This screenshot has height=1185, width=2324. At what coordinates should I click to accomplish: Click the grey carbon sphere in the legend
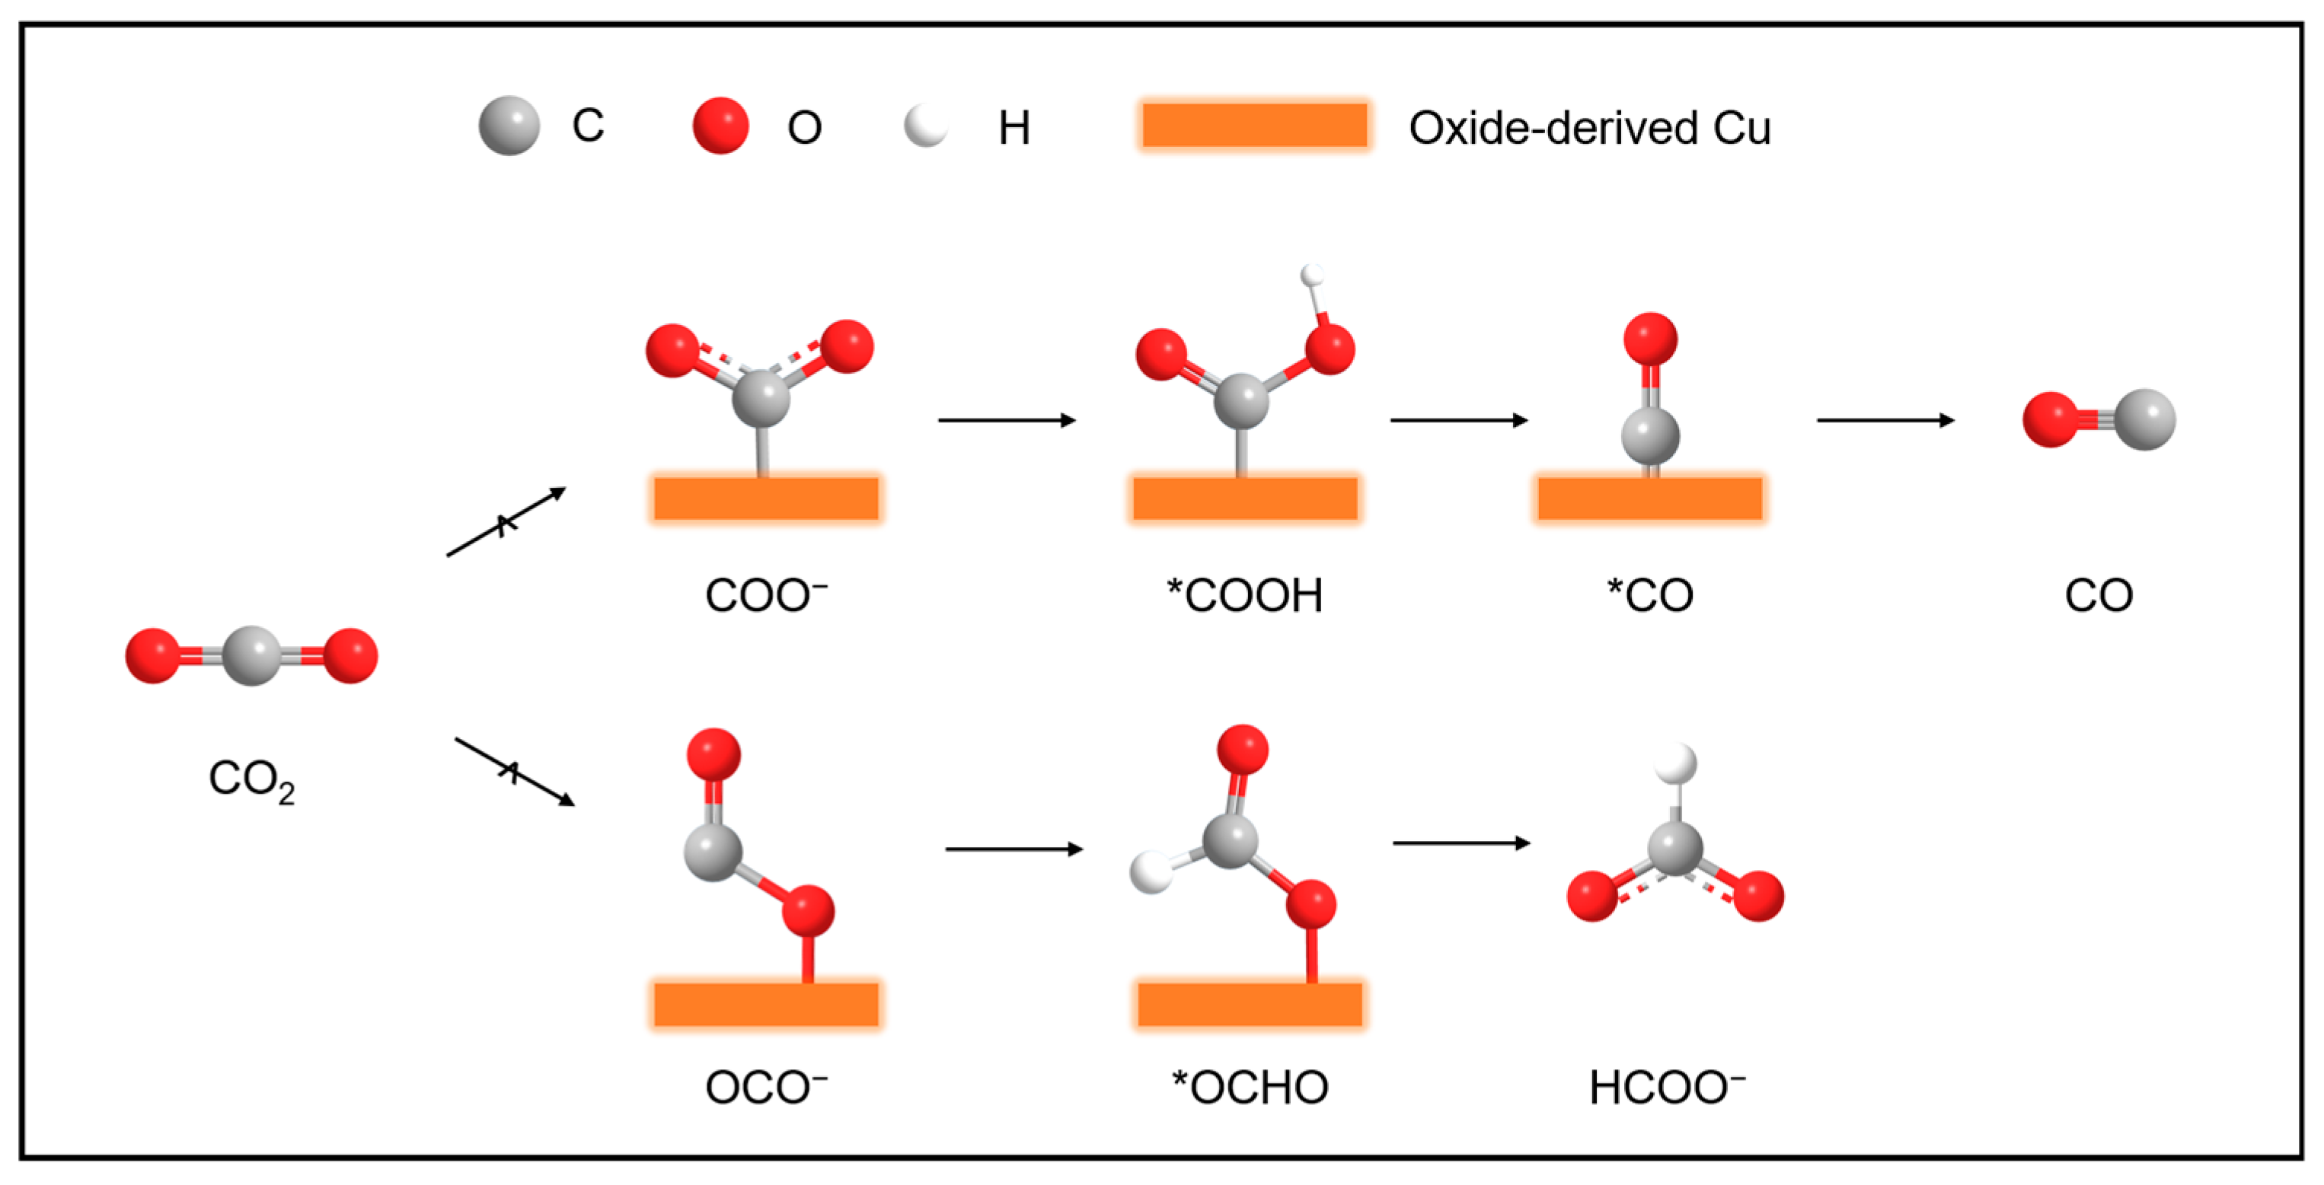pos(509,126)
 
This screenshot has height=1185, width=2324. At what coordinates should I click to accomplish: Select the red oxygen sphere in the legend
pos(720,126)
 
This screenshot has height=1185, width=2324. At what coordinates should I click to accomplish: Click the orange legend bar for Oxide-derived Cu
pos(1254,126)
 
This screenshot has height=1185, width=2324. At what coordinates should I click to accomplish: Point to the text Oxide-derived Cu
pos(1590,128)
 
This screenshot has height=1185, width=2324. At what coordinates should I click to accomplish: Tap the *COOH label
pos(1245,596)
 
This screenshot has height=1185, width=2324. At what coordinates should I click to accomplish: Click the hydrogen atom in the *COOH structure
pos(1313,274)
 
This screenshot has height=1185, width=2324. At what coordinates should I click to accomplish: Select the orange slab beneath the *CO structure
pos(1649,499)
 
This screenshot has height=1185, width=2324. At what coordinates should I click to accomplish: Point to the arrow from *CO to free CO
pos(1885,420)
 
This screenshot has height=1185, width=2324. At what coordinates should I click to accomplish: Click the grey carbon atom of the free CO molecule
pos(2144,419)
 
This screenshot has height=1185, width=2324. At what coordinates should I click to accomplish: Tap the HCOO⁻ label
pos(1666,1088)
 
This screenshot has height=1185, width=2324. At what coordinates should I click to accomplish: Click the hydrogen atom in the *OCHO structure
pos(1152,872)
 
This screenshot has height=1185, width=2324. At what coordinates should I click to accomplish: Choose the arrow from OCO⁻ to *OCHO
pos(1014,849)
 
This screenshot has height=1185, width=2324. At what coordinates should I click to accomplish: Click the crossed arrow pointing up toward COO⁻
pos(506,522)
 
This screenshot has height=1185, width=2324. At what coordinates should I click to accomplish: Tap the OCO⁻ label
pos(766,1088)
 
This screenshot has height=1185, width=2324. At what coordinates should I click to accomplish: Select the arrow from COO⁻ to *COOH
pos(1007,420)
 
